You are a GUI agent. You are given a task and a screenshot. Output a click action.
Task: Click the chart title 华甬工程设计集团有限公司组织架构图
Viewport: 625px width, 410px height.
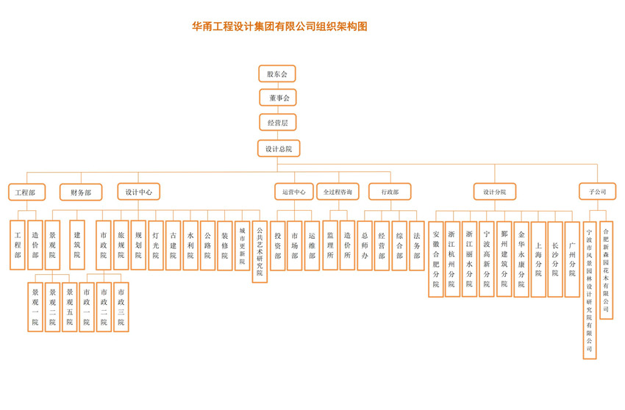tap(279, 26)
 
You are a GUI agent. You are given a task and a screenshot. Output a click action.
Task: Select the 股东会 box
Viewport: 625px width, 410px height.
tap(277, 73)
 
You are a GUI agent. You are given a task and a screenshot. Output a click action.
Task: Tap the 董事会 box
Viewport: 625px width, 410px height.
tap(278, 98)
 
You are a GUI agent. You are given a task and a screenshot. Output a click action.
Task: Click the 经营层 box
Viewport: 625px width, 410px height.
tap(278, 123)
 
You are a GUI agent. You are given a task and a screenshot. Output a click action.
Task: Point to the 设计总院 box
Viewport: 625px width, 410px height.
tap(279, 148)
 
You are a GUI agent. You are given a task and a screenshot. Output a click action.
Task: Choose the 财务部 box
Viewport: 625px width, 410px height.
tap(81, 193)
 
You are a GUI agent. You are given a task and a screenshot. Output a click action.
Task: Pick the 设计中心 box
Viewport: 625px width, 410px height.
tap(138, 192)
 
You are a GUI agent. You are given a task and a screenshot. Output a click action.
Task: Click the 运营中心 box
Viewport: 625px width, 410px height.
tap(294, 193)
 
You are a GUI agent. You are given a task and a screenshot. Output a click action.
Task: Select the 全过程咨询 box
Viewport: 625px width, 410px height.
tap(337, 193)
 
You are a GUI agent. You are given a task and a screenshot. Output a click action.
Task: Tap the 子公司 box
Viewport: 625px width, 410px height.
tap(597, 192)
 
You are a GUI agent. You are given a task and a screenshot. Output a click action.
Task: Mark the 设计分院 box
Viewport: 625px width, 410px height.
tap(494, 192)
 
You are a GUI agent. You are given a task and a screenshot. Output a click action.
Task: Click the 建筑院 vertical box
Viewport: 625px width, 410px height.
tap(77, 245)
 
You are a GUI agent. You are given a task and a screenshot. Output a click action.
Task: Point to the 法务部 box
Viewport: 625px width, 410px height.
tap(417, 245)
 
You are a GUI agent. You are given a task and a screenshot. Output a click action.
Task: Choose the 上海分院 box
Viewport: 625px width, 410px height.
tap(538, 259)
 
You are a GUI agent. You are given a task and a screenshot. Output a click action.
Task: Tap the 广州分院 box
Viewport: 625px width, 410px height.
tap(572, 259)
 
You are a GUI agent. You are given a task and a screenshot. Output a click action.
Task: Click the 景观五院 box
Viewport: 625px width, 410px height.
tap(70, 307)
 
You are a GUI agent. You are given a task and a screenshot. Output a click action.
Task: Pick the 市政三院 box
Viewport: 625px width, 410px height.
tap(121, 307)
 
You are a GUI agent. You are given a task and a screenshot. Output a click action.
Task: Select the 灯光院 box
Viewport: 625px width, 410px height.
tap(156, 245)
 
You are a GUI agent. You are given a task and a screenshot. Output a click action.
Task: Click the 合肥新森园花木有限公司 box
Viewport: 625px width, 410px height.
tap(606, 270)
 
